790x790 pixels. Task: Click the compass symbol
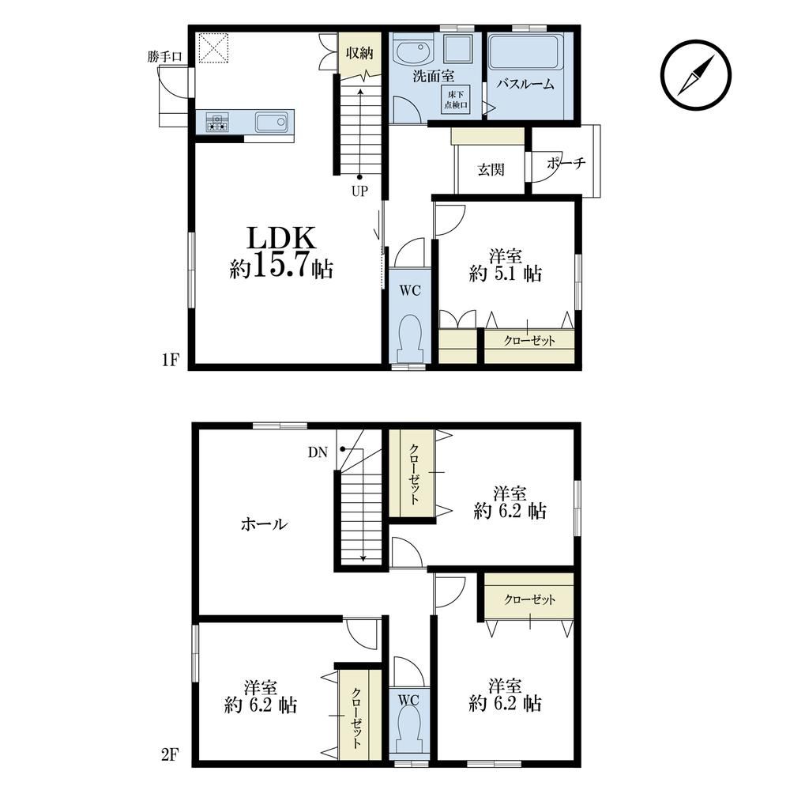(x=696, y=74)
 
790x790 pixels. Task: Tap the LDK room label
(x=281, y=238)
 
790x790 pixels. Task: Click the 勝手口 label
(x=165, y=56)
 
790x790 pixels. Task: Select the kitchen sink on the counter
(x=272, y=122)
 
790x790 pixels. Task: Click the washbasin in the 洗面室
(x=412, y=52)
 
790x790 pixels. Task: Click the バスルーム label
(x=525, y=84)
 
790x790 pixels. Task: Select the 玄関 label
(x=491, y=169)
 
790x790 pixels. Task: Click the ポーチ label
(x=566, y=163)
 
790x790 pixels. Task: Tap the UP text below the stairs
(x=359, y=191)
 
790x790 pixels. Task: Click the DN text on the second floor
(x=318, y=452)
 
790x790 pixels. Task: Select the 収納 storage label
(x=359, y=53)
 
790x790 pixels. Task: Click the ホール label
(x=264, y=524)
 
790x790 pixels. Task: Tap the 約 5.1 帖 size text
(x=506, y=274)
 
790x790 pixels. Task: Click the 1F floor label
(x=171, y=360)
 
